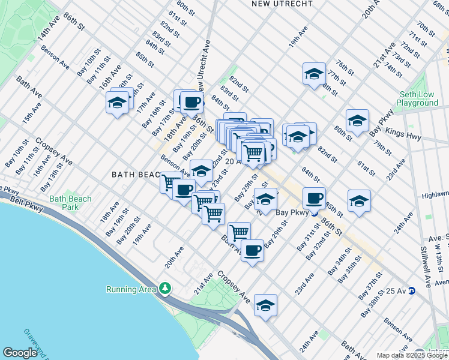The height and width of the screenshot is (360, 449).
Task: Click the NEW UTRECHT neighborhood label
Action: pos(282,4)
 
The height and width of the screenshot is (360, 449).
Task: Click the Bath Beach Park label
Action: pos(71,203)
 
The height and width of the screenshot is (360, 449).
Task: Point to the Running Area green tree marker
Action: pos(166,289)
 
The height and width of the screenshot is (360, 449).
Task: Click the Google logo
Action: pos(20,353)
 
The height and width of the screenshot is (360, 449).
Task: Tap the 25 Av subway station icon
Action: pos(412,291)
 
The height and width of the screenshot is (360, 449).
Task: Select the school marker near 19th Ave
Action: pos(314,74)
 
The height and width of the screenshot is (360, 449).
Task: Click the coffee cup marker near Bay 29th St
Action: pos(253,250)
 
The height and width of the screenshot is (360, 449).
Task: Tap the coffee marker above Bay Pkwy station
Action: pos(314,198)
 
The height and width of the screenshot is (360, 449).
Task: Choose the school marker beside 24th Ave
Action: pos(359,201)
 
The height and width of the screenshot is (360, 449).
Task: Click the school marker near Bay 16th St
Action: pos(118,103)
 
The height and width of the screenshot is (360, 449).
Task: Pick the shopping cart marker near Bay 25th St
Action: pos(239,232)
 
